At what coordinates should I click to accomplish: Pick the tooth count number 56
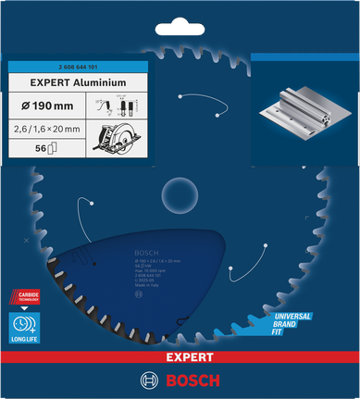(38, 147)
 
